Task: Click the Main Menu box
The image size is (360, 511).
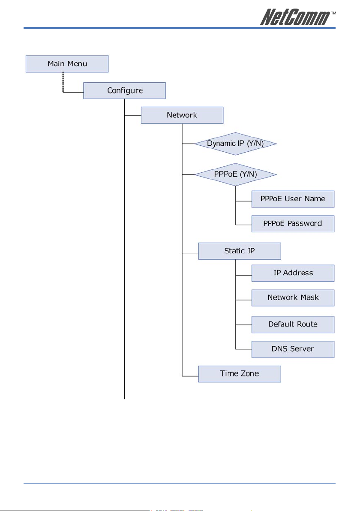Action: tap(67, 64)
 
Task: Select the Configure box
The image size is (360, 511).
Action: tap(124, 90)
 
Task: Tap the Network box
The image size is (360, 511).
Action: tap(182, 115)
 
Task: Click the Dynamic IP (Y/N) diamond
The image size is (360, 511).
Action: tap(236, 144)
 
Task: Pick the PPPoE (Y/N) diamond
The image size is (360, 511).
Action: tap(236, 174)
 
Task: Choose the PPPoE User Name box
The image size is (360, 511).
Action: tap(293, 199)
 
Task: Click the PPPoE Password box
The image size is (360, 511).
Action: tap(293, 224)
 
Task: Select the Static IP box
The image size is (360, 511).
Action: tap(240, 251)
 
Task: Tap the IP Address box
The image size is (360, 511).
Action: tap(293, 273)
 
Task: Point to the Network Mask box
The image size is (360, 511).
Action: tap(293, 298)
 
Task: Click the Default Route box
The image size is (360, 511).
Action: tap(293, 325)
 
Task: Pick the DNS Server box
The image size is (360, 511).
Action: tap(293, 349)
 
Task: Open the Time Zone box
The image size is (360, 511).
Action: tap(240, 374)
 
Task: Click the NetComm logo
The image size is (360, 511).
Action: tap(295, 17)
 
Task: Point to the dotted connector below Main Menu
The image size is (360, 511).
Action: tap(63, 82)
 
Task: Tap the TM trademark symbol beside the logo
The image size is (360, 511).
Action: tap(333, 13)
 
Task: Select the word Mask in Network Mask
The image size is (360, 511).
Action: tap(310, 297)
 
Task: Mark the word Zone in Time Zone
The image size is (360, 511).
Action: tap(250, 373)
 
